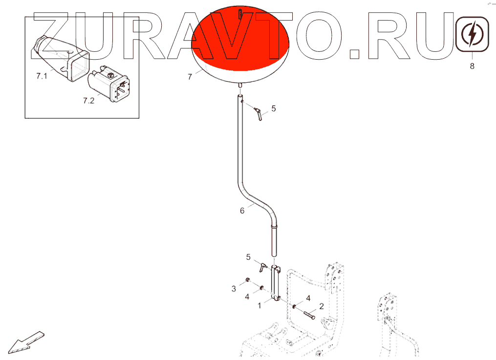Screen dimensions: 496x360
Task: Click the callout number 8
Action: click(x=472, y=67)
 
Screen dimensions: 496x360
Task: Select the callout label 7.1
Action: click(x=42, y=76)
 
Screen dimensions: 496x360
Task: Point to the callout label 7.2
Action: click(x=88, y=101)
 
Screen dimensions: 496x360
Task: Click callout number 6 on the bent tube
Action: click(x=242, y=211)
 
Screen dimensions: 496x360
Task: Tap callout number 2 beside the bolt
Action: click(x=321, y=306)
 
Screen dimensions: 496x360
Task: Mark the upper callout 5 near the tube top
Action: click(x=274, y=108)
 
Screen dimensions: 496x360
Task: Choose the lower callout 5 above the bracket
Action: click(x=248, y=257)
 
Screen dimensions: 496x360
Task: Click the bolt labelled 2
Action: click(x=309, y=315)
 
